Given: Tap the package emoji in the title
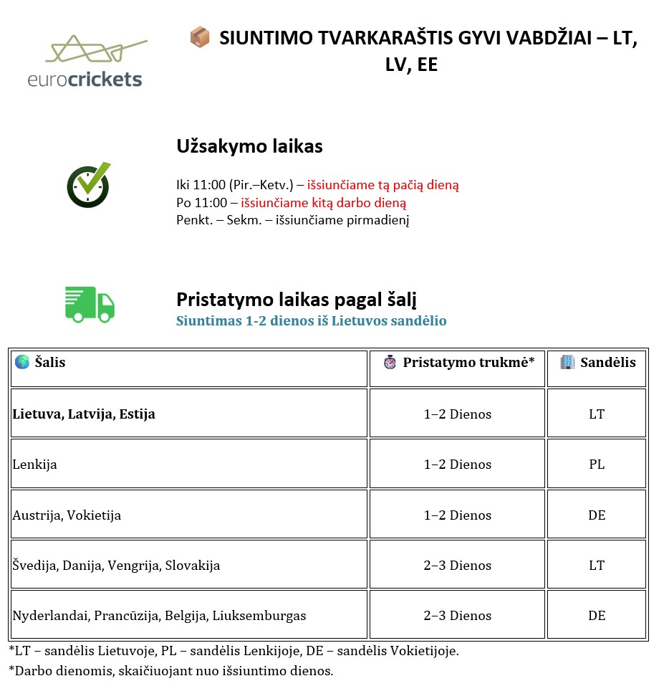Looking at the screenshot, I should pos(199,37).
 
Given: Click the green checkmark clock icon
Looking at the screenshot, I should pos(89,185).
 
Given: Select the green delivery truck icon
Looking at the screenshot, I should pos(90,304).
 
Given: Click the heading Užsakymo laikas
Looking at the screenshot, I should pos(249,147).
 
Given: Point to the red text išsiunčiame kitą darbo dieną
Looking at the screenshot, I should pos(323,203).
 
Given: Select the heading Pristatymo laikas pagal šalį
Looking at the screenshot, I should pos(296,299).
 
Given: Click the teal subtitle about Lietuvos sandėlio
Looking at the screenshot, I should pos(311,320).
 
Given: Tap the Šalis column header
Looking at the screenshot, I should pos(49,363).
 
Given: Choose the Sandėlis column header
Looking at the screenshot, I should pos(607,363).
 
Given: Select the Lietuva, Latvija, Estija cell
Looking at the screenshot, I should pos(84,414).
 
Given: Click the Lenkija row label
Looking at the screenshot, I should pos(34,465).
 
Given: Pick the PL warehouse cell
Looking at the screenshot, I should pos(597,465).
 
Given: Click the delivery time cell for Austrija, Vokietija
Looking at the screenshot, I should pos(457,515).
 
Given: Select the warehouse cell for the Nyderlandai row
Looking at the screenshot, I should pos(597,616).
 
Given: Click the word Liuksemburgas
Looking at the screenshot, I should pos(264,616).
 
